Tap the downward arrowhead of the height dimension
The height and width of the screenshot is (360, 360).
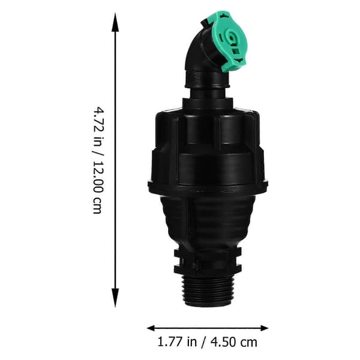pyautogui.click(x=115, y=298)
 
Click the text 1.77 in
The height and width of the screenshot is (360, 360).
pyautogui.click(x=177, y=342)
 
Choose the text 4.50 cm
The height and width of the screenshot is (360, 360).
pyautogui.click(x=234, y=342)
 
